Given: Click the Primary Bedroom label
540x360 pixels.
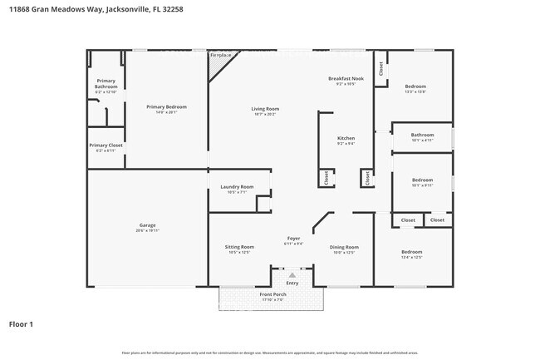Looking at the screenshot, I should pos(166,107).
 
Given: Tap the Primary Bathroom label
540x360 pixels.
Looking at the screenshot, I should pos(106,84).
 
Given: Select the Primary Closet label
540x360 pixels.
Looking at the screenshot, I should pos(106,145).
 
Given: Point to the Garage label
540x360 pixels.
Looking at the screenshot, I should pos(147,225).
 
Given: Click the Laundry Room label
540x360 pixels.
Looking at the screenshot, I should pos(237,187).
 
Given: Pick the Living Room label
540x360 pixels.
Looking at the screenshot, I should pos(265,109).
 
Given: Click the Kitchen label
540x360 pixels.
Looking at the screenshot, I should pos(346,138).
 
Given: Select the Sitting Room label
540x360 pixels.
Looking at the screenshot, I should pos(239,247).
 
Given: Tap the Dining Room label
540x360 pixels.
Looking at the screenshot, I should pos(344,247).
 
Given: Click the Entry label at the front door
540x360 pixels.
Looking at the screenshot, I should pos(292,283).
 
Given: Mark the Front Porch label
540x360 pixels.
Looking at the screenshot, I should pos(272,295).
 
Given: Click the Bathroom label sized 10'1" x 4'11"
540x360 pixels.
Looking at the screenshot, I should pos(422,135).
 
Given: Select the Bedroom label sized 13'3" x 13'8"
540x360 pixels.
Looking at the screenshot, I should pos(415,86).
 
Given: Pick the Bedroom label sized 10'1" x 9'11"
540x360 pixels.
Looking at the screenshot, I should pos(422,180).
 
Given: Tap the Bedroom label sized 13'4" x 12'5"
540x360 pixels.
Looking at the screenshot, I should pos(412,252).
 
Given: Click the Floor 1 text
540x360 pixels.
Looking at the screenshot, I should pos(21,324).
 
